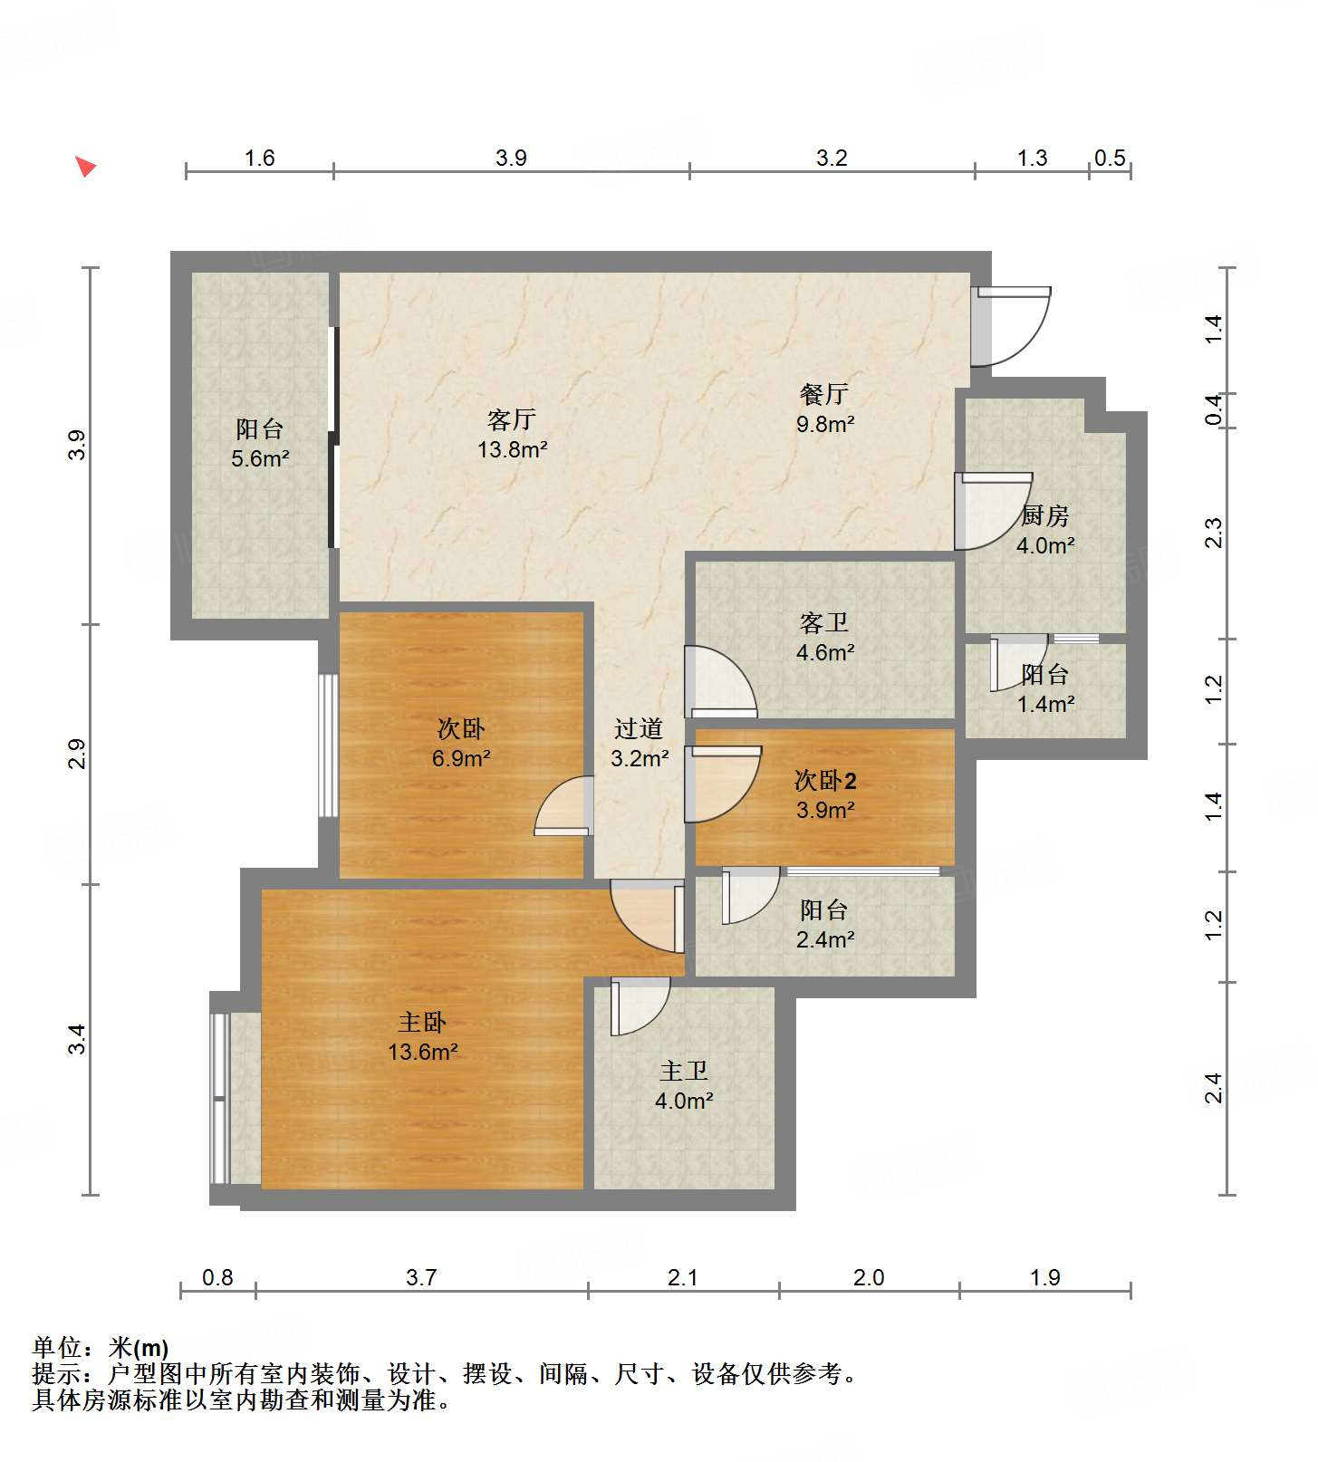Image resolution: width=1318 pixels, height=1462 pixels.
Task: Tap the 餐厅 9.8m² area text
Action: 824,409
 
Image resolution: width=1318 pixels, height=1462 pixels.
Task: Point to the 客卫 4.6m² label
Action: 824,638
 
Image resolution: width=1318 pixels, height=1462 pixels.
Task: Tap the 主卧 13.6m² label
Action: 422,1037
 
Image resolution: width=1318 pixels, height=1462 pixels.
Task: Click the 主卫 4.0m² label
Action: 684,1086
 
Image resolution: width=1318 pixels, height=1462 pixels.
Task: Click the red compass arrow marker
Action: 85,166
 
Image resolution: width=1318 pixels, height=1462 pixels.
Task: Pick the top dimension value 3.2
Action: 831,158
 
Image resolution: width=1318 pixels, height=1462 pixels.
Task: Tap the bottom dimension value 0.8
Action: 217,1277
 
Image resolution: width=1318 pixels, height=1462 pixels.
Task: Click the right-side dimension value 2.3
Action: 1214,533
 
